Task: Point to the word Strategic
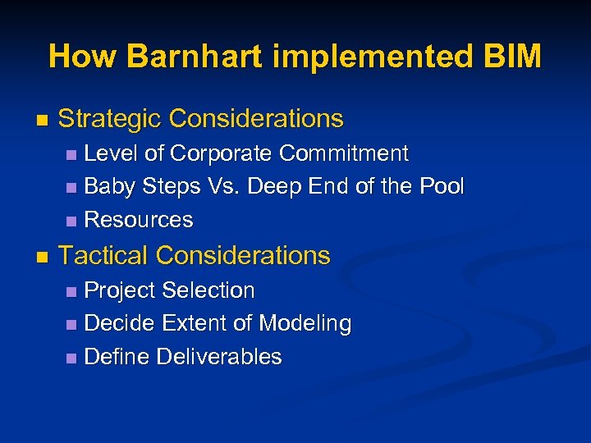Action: [x=109, y=119]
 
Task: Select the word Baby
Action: [x=110, y=186]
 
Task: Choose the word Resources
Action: [x=139, y=220]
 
